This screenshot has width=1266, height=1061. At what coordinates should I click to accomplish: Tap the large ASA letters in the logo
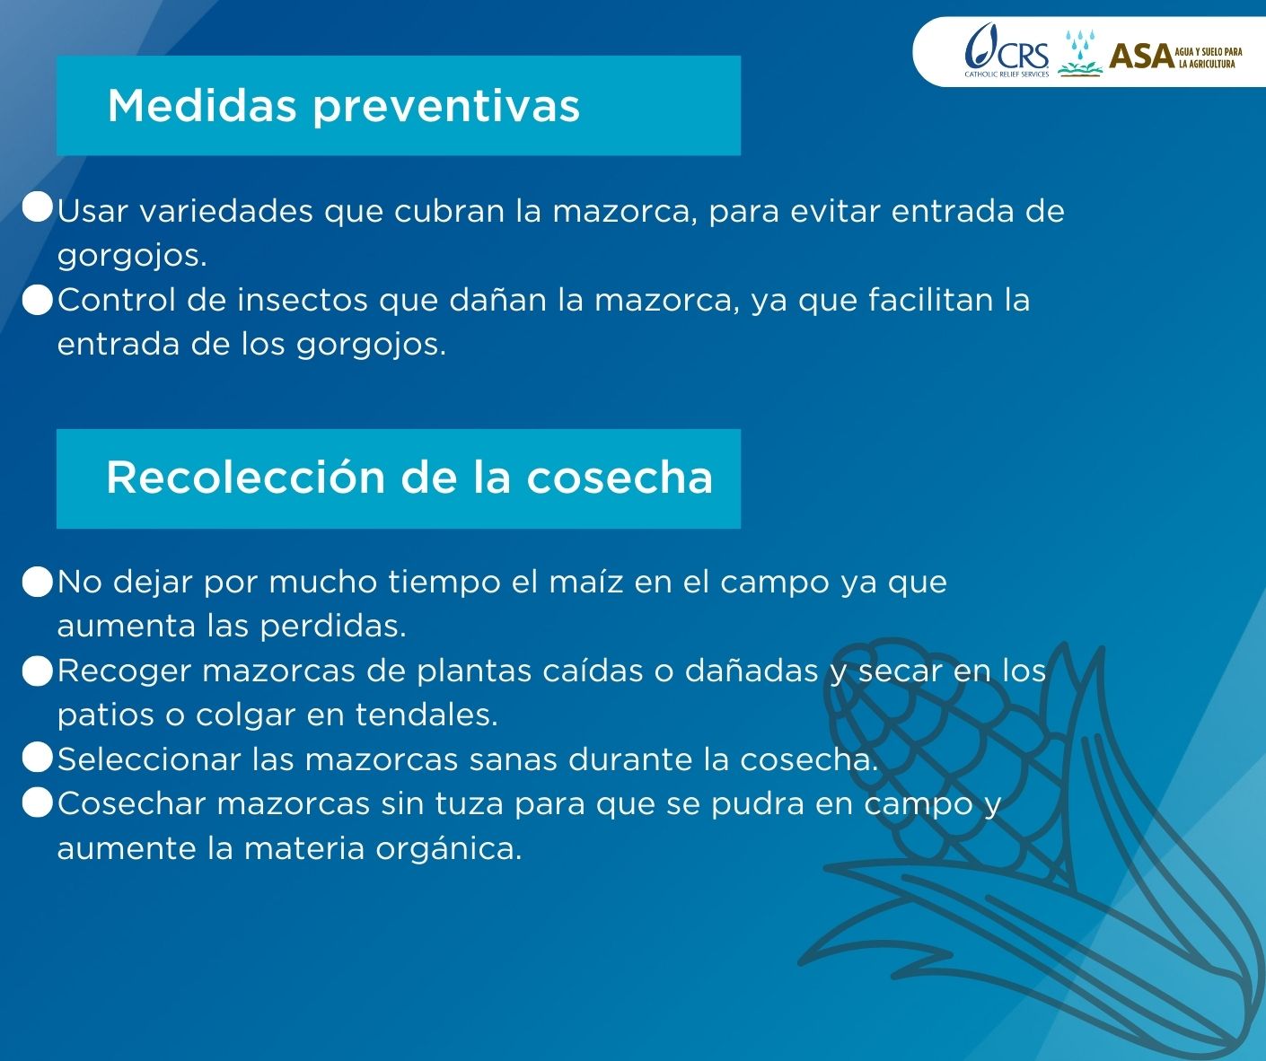pos(1141,57)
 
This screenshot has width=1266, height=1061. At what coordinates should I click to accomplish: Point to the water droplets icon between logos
pos(1080,53)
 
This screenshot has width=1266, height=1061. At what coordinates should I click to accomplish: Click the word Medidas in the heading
pos(202,106)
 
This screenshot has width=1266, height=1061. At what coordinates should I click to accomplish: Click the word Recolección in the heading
pos(246,477)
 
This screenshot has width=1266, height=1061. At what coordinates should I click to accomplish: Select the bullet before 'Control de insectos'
pos(38,300)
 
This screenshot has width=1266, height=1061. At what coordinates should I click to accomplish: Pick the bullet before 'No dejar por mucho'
pos(38,582)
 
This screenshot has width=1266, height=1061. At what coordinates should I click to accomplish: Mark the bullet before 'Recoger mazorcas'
pos(38,671)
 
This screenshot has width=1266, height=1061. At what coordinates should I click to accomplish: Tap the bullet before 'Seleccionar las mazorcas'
pos(38,758)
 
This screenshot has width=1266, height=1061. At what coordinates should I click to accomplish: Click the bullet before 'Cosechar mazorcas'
pos(38,802)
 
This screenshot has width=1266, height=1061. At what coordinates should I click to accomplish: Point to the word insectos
pos(302,300)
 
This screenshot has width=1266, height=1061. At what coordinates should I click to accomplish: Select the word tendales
pos(426,715)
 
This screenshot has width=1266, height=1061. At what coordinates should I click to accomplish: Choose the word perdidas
pos(333,627)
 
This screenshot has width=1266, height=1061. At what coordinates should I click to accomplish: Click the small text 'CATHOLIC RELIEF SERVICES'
pos(1007,75)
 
